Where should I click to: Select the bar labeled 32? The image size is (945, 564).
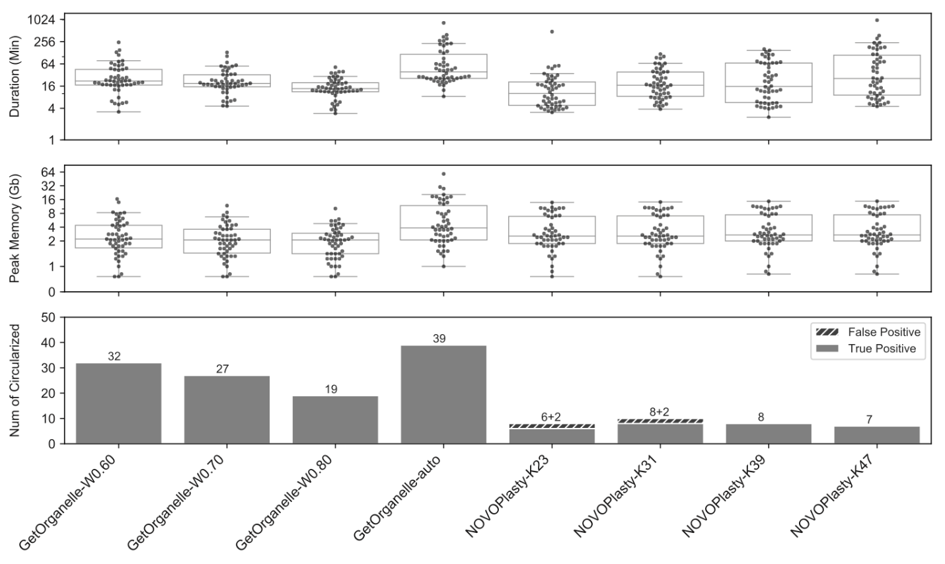119,403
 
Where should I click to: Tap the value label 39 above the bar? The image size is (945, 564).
439,339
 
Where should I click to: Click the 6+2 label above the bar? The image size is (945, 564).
552,417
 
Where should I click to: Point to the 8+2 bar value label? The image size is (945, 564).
660,412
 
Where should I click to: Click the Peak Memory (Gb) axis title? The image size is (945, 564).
15,229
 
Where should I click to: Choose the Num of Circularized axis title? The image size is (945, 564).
15,380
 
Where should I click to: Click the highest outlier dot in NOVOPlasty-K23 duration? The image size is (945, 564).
552,32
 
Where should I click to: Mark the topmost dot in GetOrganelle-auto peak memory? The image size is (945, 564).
443,174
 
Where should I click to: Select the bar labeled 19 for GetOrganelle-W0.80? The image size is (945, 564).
335,419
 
